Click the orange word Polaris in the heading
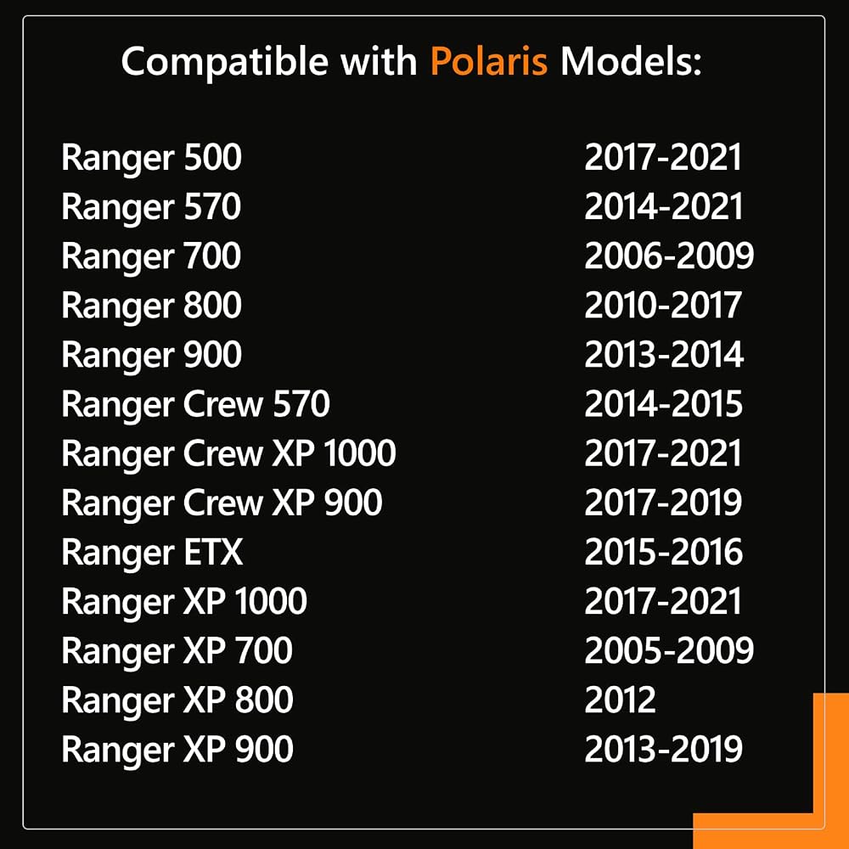coord(489,60)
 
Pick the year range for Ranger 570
coord(663,207)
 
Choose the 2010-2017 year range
coord(663,306)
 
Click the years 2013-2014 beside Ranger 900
coord(664,355)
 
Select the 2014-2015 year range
coord(663,404)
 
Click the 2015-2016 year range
coord(663,552)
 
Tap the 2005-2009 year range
coord(669,650)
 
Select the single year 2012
coord(620,700)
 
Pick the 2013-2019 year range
coord(663,749)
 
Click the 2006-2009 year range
coord(669,256)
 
